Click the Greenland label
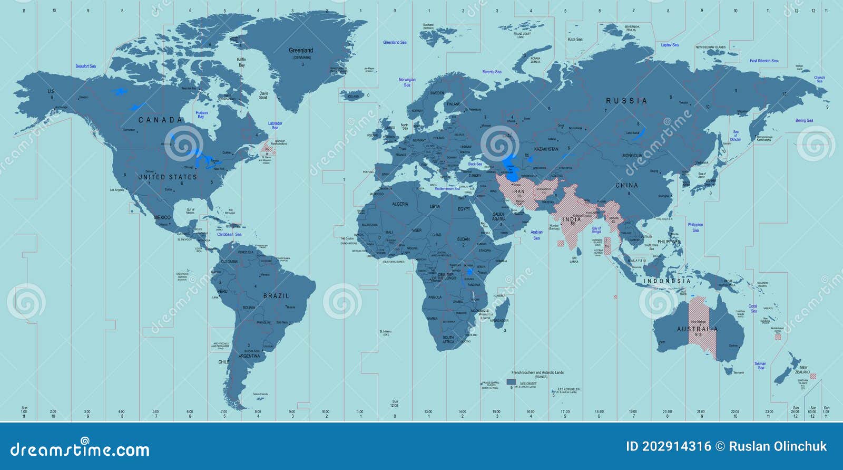pyautogui.click(x=301, y=51)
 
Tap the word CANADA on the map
pyautogui.click(x=160, y=120)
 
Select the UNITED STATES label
pyautogui.click(x=168, y=177)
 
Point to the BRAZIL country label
pyautogui.click(x=276, y=296)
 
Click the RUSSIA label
pyautogui.click(x=626, y=101)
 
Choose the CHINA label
pyautogui.click(x=626, y=186)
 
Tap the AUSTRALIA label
pyautogui.click(x=697, y=329)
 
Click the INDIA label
pyautogui.click(x=572, y=219)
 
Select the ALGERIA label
pyautogui.click(x=400, y=204)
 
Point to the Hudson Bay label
pyautogui.click(x=201, y=114)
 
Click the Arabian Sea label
pyautogui.click(x=536, y=235)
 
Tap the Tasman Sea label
pyautogui.click(x=760, y=366)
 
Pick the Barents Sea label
pyautogui.click(x=492, y=72)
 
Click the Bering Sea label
pyautogui.click(x=804, y=121)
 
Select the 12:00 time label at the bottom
pyautogui.click(x=395, y=405)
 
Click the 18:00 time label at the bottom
pyautogui.click(x=599, y=411)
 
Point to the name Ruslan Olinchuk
pyautogui.click(x=778, y=447)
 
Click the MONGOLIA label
pyautogui.click(x=632, y=156)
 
